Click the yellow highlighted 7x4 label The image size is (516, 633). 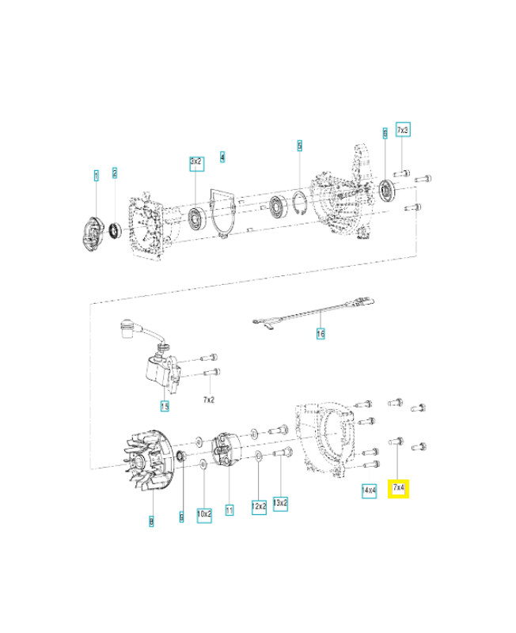[399, 490]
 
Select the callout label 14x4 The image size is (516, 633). [368, 490]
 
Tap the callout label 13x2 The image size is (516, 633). [280, 503]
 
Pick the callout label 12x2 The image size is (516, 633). [259, 505]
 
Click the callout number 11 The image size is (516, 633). [230, 510]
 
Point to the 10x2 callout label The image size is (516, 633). [204, 514]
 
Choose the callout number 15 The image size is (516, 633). [165, 407]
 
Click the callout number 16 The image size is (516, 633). [321, 335]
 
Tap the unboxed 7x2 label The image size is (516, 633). [210, 401]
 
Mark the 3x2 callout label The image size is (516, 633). [195, 161]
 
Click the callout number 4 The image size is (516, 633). [223, 157]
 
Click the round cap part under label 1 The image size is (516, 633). [93, 235]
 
